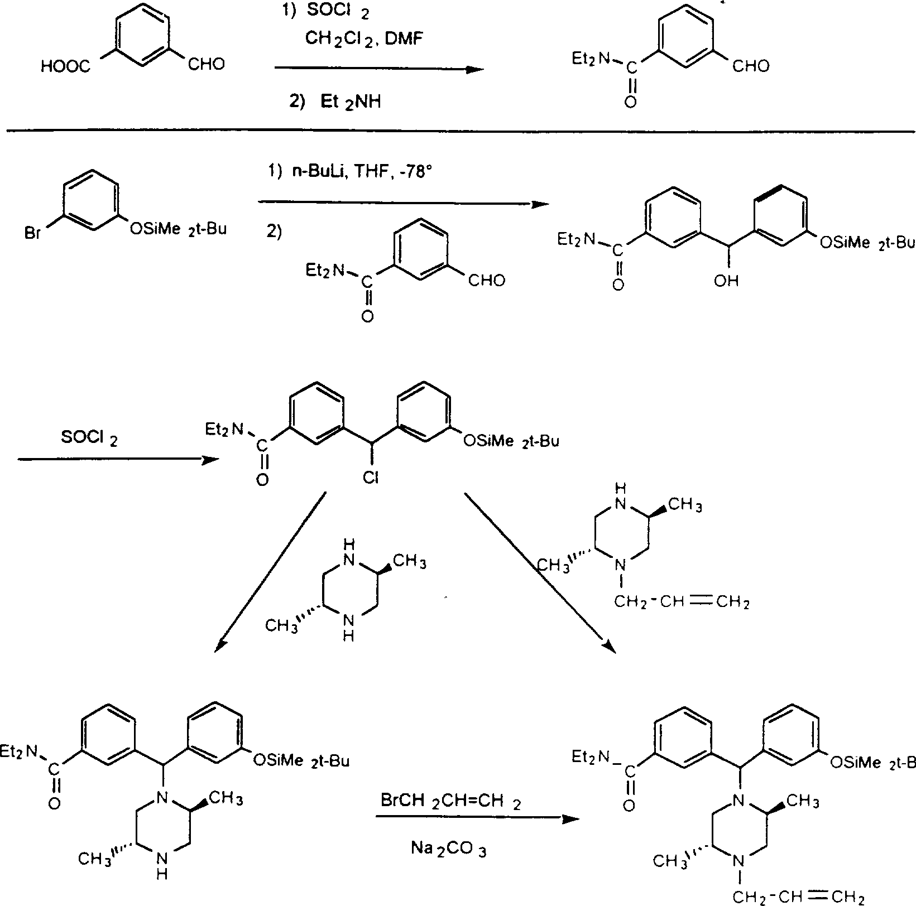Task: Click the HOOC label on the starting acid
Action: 65,67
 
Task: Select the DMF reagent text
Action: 410,38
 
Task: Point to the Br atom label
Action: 33,232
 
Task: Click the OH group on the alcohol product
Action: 726,281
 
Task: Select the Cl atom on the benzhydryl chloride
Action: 370,478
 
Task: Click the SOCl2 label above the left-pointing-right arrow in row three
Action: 89,438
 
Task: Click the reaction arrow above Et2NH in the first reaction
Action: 379,69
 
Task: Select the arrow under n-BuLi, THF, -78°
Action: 404,204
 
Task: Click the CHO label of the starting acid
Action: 207,65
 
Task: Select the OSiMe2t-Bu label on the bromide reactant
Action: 178,229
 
